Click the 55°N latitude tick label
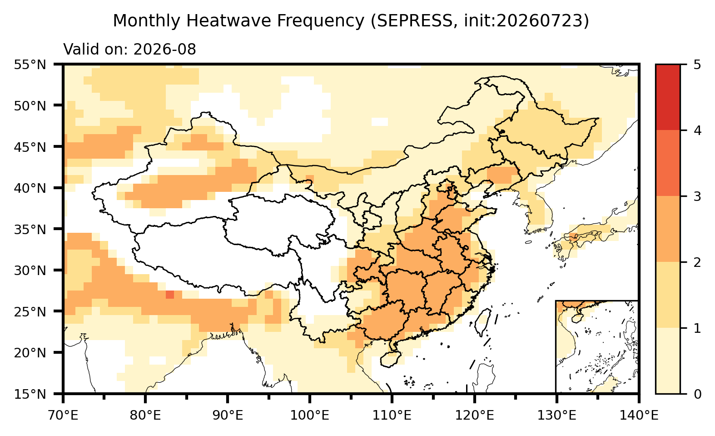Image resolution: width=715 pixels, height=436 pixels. tap(30, 65)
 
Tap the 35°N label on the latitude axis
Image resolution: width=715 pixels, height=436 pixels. tap(30, 230)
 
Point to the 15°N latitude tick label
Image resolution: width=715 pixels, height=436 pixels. tap(30, 395)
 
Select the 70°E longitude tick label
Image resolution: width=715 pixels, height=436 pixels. tap(63, 416)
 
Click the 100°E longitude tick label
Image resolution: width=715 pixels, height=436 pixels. tap(310, 416)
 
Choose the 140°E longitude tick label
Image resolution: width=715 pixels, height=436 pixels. tap(639, 416)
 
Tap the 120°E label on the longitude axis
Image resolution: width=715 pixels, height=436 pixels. tap(474, 416)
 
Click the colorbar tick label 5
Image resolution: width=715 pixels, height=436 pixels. tap(697, 65)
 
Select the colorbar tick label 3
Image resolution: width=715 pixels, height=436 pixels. tap(697, 196)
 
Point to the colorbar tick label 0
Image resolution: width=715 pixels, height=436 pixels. tap(697, 395)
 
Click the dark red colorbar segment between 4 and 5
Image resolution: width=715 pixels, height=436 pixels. tap(668, 97)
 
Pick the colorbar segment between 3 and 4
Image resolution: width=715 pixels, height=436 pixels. tap(668, 163)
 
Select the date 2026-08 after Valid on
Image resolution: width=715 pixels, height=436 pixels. tap(164, 50)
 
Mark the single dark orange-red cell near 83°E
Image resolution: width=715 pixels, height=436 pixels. tap(170, 295)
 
